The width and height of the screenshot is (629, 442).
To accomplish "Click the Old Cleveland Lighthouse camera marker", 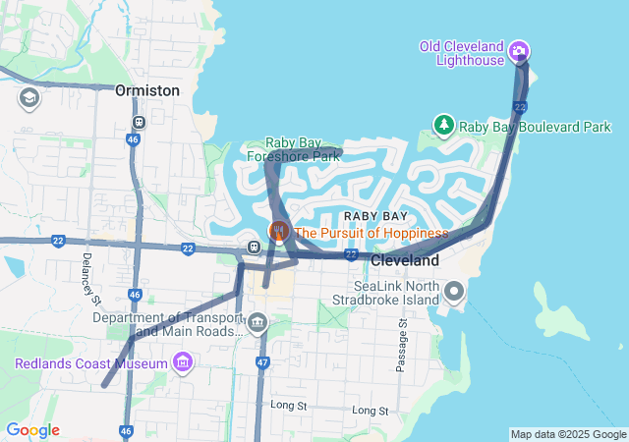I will (x=520, y=52).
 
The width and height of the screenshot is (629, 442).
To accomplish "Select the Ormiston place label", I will (x=147, y=90).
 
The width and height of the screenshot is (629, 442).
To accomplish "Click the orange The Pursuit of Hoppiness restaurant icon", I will (x=279, y=232).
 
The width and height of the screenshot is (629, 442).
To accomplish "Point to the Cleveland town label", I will (x=405, y=261).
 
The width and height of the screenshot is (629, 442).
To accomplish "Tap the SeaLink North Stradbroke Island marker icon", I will (x=454, y=292).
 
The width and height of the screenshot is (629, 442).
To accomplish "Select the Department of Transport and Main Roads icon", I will (x=257, y=322).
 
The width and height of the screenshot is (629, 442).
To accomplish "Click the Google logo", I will (x=32, y=430).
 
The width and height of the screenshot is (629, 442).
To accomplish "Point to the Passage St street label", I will (x=401, y=345).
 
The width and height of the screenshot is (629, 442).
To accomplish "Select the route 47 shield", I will (x=262, y=362).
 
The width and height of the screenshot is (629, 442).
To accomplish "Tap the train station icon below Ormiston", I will (x=139, y=123).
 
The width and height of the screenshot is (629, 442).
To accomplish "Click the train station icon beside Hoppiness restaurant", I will (x=254, y=246).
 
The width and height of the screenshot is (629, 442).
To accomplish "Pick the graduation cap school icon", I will (x=29, y=97).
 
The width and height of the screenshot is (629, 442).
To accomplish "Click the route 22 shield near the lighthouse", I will (x=521, y=106).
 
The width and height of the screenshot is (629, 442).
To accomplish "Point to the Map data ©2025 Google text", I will (x=568, y=434).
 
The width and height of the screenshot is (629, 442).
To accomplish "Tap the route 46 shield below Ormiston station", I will (x=134, y=140).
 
